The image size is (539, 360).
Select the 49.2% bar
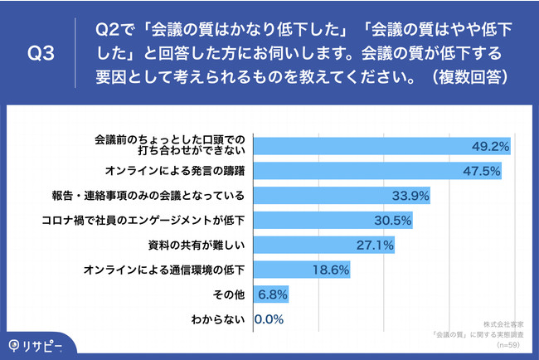pyautogui.click(x=381, y=146)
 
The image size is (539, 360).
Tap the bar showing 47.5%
pyautogui.click(x=377, y=171)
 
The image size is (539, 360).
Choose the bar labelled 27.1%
pyautogui.click(x=323, y=246)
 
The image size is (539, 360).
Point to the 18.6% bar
pyautogui.click(x=302, y=270)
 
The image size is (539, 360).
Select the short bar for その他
pyautogui.click(x=269, y=294)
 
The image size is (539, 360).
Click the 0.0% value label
pyautogui.click(x=270, y=319)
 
